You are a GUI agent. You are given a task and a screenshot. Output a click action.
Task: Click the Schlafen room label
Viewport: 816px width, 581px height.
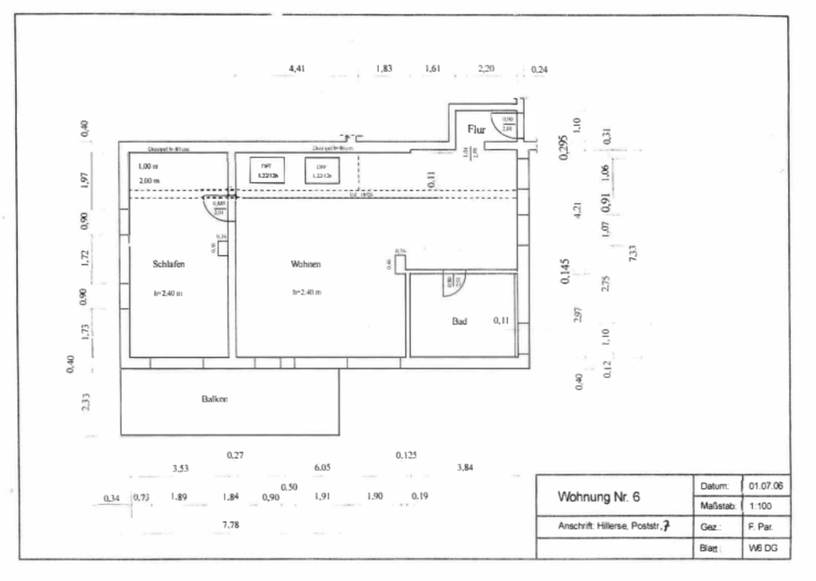169,265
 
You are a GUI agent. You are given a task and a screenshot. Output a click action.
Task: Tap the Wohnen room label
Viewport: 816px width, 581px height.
305,265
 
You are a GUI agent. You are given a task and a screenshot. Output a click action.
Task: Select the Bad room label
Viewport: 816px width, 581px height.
459,322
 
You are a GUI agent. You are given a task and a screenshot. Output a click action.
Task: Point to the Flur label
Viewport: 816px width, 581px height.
476,129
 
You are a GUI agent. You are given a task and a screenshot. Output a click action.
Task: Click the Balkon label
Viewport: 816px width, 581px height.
214,398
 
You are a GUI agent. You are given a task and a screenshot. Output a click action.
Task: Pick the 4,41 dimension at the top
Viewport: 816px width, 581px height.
297,67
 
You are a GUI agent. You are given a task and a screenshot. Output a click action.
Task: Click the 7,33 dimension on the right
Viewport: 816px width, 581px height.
632,253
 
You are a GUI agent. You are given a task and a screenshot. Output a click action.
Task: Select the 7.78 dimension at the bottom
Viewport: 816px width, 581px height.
230,526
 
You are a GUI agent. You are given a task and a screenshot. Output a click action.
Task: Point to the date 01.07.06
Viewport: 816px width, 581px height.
766,486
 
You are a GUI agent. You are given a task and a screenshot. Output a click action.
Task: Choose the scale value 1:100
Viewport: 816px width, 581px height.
760,506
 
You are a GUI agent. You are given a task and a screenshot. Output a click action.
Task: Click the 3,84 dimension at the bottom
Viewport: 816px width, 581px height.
465,467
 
